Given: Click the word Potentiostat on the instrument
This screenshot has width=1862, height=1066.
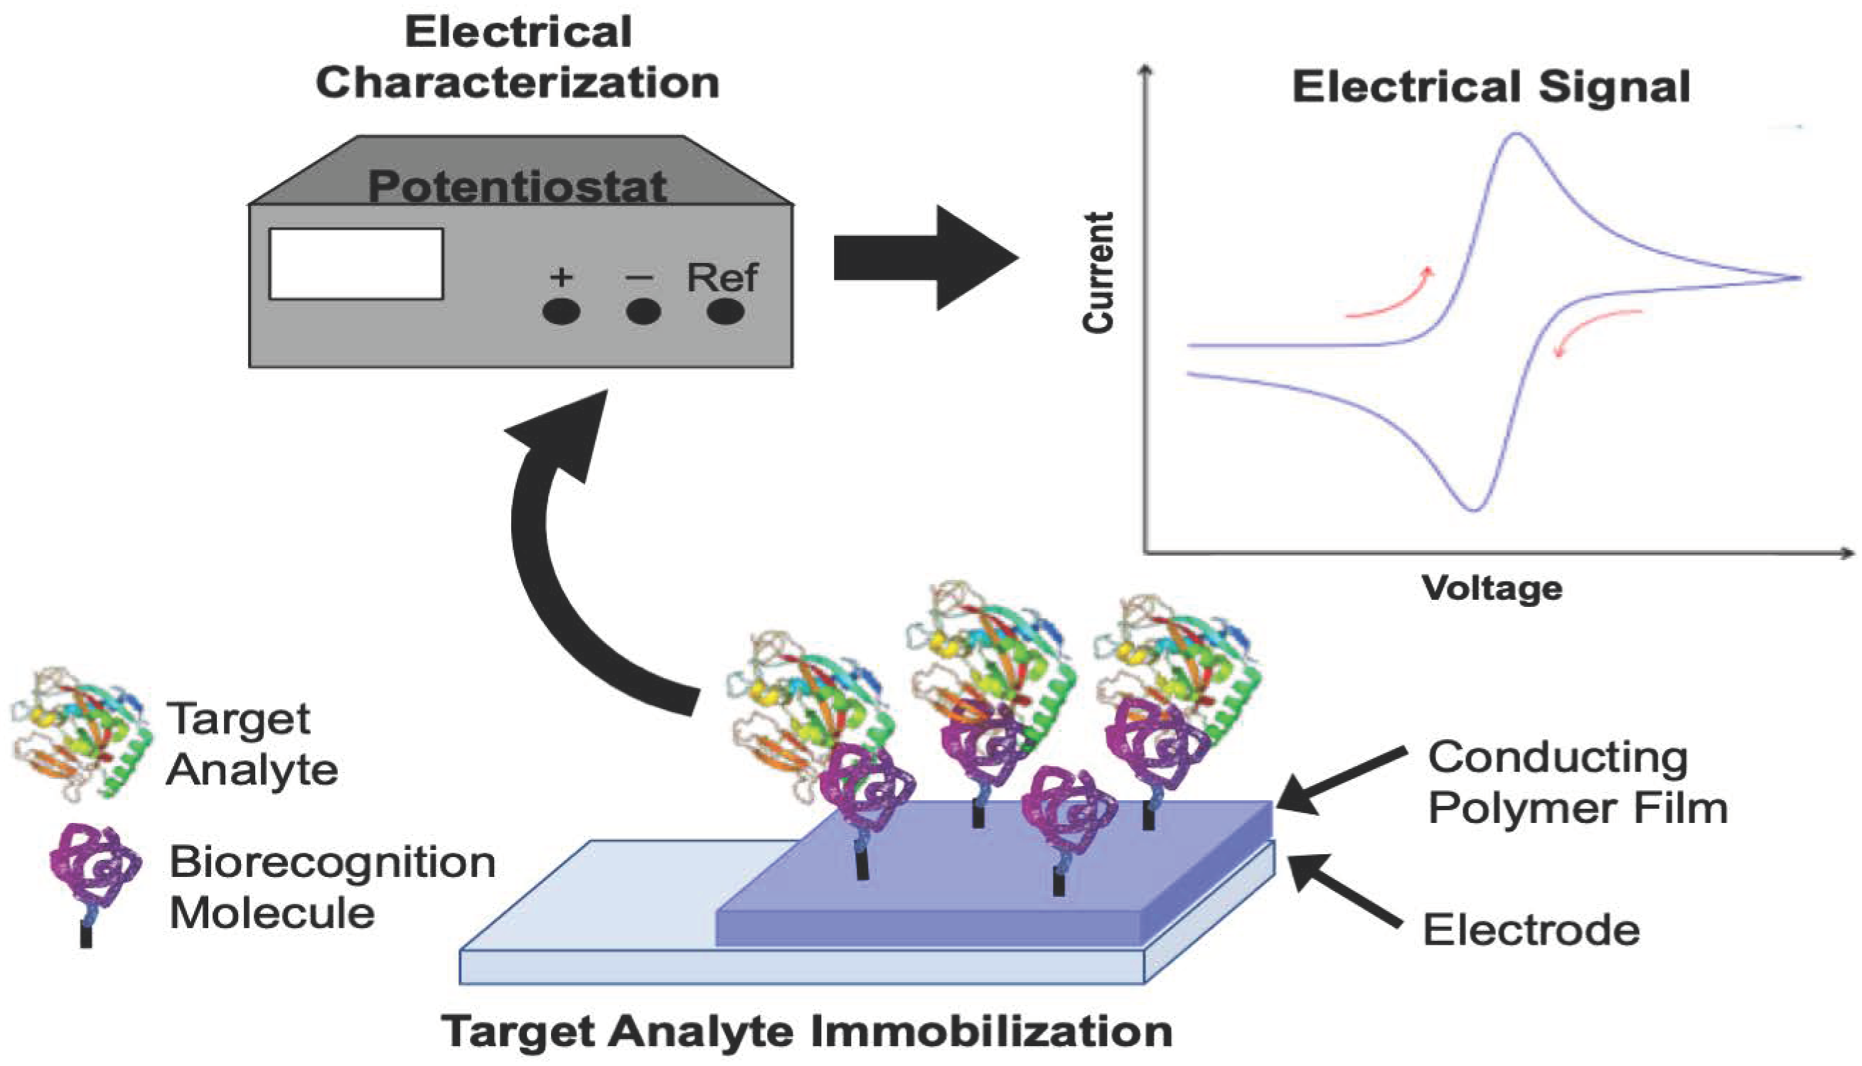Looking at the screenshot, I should (x=517, y=186).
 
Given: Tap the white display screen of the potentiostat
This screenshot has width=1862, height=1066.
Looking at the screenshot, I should (x=356, y=264).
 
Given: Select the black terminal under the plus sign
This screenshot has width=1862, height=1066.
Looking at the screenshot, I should (x=562, y=312).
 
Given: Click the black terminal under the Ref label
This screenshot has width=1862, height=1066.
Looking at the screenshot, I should (x=725, y=312).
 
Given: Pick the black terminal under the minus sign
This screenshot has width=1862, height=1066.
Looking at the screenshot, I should (x=643, y=312).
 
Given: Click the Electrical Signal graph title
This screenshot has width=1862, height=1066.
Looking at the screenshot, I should (x=1491, y=88).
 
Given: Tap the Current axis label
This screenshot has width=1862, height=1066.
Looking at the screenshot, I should (x=1098, y=272).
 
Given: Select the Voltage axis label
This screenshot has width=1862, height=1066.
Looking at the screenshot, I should (x=1492, y=588).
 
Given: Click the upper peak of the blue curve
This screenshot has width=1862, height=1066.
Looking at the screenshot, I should (x=1516, y=135).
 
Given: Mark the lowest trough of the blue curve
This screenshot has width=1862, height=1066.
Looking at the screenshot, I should (x=1474, y=508).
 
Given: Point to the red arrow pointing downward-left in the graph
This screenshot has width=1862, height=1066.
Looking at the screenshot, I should (x=1596, y=325).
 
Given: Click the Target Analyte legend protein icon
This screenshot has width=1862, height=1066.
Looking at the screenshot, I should (x=80, y=732).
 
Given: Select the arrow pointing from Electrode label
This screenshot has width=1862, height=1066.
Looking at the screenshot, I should (x=1344, y=890).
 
